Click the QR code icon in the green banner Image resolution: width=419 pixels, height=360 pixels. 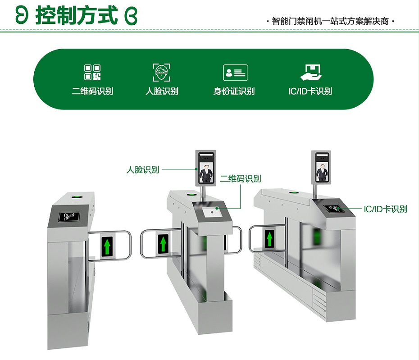click(92, 73)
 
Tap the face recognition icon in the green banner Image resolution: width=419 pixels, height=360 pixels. click(162, 73)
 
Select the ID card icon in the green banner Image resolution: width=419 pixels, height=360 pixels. click(235, 73)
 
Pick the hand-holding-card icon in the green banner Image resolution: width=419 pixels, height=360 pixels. click(310, 72)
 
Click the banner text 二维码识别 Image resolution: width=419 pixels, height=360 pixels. click(92, 91)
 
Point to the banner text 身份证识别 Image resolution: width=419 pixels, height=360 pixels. click(234, 91)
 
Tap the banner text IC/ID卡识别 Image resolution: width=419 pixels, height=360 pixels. click(310, 91)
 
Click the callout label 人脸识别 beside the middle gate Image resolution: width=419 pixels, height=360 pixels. click(142, 170)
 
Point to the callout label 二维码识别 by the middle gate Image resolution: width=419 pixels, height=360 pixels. click(241, 179)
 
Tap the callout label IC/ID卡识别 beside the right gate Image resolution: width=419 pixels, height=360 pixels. click(385, 209)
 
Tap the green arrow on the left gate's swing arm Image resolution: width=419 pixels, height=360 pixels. click(107, 246)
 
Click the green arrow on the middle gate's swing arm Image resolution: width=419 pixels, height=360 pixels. click(163, 244)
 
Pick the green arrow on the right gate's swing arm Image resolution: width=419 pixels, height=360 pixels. click(269, 238)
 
